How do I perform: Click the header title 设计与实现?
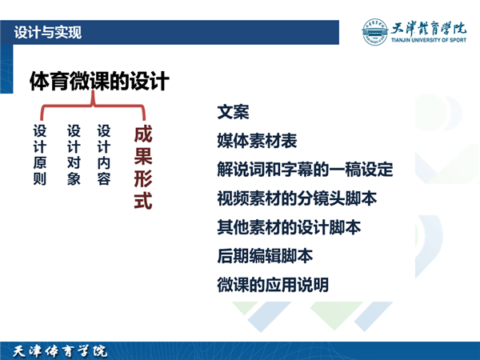(x=48, y=32)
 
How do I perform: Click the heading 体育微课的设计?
(x=99, y=81)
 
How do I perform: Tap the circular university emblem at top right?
(x=374, y=32)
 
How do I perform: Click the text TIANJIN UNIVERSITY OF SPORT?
(x=429, y=40)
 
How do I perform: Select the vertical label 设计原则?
(x=40, y=155)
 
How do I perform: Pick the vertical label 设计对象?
(x=74, y=155)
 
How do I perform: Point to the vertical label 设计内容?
(x=104, y=155)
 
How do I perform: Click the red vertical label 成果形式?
(x=143, y=168)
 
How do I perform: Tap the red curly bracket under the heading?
(x=93, y=106)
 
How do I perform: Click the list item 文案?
(x=234, y=112)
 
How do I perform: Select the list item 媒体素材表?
(x=257, y=141)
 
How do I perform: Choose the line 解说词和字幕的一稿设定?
(x=305, y=170)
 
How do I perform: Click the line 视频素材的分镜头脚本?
(x=297, y=198)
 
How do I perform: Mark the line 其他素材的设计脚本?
(x=289, y=227)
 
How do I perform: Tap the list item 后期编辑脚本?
(x=265, y=256)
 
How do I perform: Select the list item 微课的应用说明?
(x=273, y=285)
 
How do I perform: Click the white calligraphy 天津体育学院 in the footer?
(x=60, y=351)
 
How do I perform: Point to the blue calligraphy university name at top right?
(x=429, y=28)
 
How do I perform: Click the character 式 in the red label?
(x=143, y=201)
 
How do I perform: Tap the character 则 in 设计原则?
(x=40, y=178)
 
